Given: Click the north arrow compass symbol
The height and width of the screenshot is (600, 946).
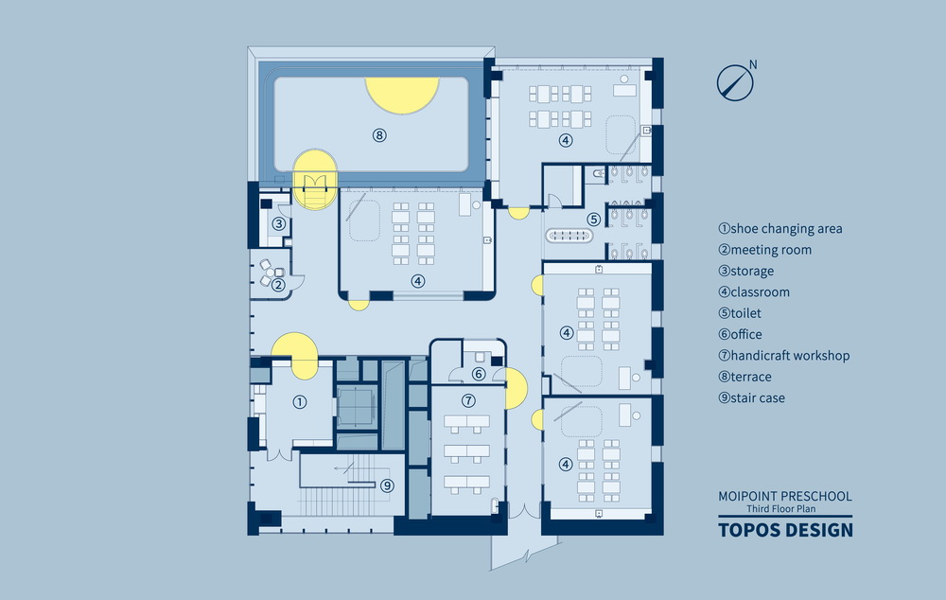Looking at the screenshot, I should [x=733, y=81].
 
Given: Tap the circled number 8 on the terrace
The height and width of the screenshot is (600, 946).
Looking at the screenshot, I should [x=379, y=135].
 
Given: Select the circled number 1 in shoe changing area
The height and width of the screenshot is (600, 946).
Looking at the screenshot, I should [x=300, y=402].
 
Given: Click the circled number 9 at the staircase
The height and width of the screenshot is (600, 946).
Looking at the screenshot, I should [x=387, y=485].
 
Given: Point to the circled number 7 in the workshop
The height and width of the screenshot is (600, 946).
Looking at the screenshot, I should [x=467, y=400].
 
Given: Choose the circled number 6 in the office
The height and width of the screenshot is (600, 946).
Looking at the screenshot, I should [x=479, y=375].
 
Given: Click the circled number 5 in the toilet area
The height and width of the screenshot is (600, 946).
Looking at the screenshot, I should [x=593, y=219].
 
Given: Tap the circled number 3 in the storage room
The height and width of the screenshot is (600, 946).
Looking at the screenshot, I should [x=279, y=224].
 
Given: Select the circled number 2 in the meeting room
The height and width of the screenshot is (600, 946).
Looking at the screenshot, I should [x=278, y=284].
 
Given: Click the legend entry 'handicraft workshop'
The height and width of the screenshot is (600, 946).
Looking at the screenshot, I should [x=783, y=356].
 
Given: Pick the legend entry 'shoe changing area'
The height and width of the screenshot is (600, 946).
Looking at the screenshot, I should [x=780, y=229].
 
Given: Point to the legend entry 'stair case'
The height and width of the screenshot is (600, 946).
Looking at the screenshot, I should [x=751, y=398].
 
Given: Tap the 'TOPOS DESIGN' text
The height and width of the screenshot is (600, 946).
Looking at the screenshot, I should [x=785, y=530].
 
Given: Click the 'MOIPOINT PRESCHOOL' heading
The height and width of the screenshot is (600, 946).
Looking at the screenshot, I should [x=785, y=496].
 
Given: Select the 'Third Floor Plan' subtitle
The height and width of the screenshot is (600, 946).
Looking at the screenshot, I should [x=785, y=509].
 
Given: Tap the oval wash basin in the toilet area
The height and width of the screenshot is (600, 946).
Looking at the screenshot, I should [x=569, y=236].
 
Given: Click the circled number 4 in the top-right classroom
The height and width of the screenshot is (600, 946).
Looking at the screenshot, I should [x=565, y=140].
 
